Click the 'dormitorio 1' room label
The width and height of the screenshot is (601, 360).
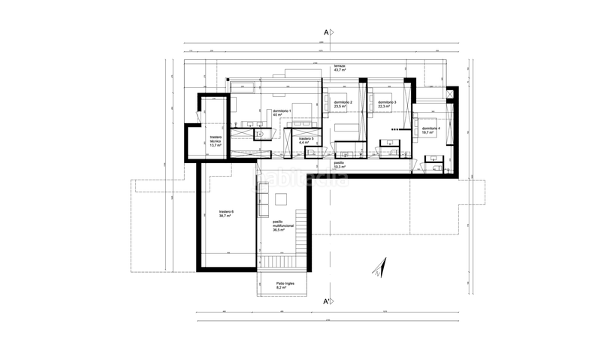282,111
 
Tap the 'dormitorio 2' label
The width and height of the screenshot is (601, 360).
343,102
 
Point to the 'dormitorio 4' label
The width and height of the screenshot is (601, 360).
431,129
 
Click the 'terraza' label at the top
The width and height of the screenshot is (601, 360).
340,66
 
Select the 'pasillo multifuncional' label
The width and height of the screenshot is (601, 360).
283,224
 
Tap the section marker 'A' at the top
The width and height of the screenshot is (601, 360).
327,32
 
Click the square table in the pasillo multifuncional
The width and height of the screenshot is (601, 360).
282,200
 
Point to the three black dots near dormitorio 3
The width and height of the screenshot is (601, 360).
388,131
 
